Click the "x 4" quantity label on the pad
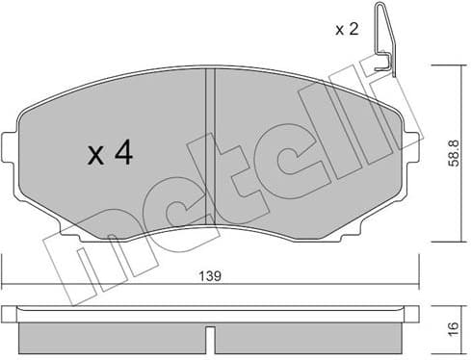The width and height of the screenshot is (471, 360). (109, 155)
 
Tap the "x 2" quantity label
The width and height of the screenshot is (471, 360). (346, 30)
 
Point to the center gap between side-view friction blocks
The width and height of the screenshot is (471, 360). (210, 335)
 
